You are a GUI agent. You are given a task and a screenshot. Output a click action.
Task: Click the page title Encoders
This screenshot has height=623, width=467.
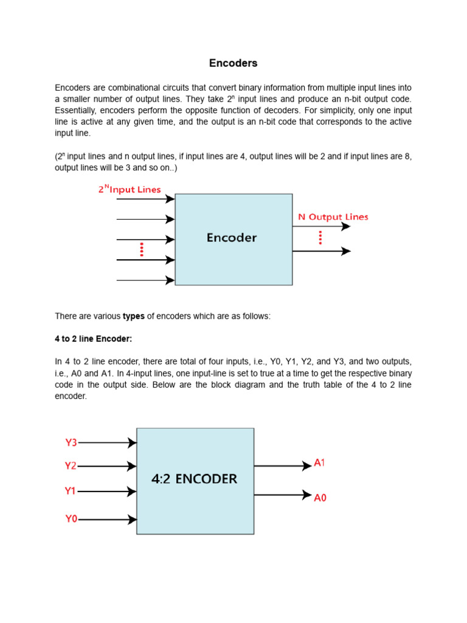tap(233, 63)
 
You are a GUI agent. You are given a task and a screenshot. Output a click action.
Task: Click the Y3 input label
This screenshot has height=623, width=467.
tap(71, 443)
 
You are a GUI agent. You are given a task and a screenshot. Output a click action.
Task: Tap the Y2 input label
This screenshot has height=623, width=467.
tap(71, 466)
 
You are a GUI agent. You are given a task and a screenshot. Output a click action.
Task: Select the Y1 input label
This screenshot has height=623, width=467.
tap(71, 490)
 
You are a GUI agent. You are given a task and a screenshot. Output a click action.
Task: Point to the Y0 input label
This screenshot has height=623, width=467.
tap(71, 519)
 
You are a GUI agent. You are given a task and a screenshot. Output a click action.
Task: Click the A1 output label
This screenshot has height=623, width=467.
tap(320, 463)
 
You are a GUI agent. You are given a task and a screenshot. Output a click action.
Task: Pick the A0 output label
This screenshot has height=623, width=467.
tap(320, 498)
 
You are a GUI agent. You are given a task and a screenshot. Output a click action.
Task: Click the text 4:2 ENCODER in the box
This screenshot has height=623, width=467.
tap(194, 479)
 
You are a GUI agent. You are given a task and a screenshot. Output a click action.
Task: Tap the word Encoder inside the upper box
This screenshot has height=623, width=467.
tap(232, 238)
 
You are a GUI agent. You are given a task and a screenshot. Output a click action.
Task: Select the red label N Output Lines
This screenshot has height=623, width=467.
tap(333, 217)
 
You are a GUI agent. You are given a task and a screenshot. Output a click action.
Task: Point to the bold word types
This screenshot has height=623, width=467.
tap(134, 316)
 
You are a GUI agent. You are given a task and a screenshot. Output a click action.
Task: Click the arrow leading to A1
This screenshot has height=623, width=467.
tap(283, 466)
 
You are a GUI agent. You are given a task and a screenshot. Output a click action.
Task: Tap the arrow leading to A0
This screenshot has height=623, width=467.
tap(283, 495)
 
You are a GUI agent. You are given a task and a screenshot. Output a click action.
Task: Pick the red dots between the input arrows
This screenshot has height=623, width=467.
tap(142, 249)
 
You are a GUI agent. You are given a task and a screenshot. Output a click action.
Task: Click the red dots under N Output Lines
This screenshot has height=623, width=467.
tap(320, 238)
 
